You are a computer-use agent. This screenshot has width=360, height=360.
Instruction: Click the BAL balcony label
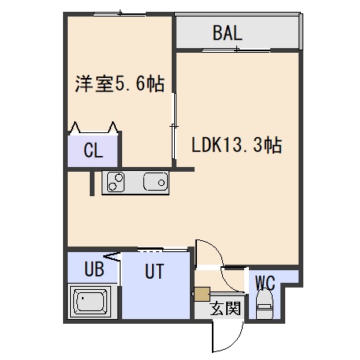(x=228, y=33)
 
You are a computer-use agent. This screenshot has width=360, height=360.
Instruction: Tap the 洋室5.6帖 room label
(x=120, y=84)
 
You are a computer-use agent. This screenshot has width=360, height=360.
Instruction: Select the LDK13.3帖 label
(x=237, y=145)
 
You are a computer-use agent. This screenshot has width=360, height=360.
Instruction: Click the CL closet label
(x=93, y=150)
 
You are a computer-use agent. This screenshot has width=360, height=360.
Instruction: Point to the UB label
(x=95, y=269)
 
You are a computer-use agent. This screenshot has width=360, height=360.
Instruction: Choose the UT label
(x=154, y=271)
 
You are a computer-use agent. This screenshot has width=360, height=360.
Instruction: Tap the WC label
(x=265, y=283)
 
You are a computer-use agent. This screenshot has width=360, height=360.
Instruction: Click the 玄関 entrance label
(x=225, y=308)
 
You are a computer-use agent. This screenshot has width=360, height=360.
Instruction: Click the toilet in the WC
(x=265, y=304)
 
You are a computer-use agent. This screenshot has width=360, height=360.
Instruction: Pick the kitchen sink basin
(x=155, y=182)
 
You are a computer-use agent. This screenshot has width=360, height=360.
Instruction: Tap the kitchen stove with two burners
(x=116, y=182)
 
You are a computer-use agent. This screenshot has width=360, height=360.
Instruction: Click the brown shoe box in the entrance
(x=202, y=294)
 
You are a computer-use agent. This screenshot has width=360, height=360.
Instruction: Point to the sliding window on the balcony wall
(x=236, y=50)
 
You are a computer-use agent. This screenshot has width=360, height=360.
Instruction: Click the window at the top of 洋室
(x=120, y=13)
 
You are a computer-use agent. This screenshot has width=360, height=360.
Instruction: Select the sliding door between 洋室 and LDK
(x=173, y=126)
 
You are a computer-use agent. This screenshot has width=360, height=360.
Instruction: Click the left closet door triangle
(x=75, y=128)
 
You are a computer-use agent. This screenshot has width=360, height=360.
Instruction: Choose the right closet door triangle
(x=113, y=128)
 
